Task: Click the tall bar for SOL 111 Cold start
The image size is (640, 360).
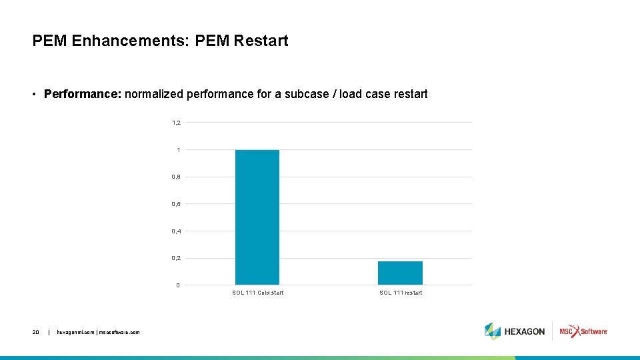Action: (257, 217)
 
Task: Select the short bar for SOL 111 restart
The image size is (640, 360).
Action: (400, 273)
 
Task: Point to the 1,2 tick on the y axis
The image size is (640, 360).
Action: (177, 123)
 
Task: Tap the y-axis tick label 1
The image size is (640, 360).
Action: (178, 150)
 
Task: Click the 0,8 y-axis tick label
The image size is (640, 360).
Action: (177, 177)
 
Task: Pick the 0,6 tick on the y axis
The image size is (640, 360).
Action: (177, 204)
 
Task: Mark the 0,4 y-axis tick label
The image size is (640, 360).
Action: (177, 231)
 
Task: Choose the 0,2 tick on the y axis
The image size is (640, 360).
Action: (177, 258)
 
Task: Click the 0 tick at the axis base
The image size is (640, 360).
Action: (178, 285)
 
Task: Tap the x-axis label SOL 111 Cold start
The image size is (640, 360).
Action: (257, 293)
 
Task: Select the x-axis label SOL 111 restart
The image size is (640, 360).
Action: (401, 293)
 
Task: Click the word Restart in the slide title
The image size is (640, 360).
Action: (261, 41)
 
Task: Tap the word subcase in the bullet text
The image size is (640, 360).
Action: (307, 94)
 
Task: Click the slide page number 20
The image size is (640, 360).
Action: (35, 331)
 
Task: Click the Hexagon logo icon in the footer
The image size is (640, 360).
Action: (493, 331)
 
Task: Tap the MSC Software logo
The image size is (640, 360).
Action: (583, 331)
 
